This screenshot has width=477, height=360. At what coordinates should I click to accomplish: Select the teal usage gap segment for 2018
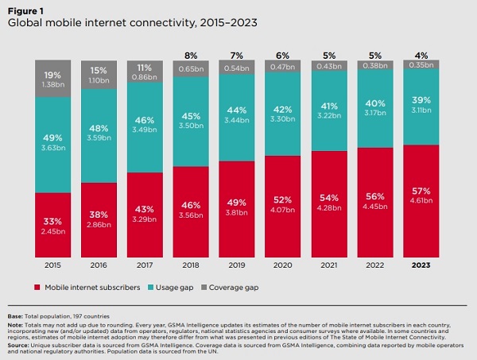pyautogui.click(x=193, y=119)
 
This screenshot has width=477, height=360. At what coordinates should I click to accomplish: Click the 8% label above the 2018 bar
pyautogui.click(x=193, y=56)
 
